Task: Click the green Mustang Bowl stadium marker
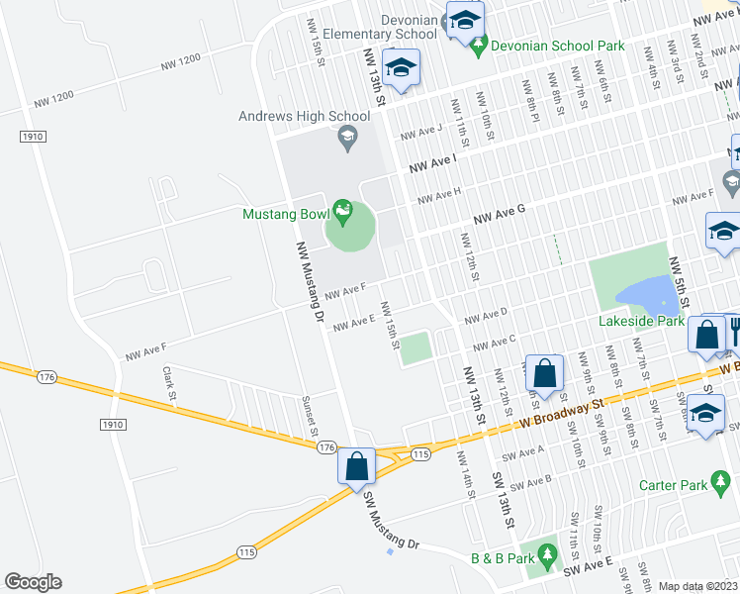[342, 211]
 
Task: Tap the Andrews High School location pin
[346, 139]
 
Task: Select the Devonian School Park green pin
[479, 45]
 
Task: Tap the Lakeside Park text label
[641, 321]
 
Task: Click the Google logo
[33, 582]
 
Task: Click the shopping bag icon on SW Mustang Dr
[356, 465]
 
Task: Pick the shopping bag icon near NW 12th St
[544, 373]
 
